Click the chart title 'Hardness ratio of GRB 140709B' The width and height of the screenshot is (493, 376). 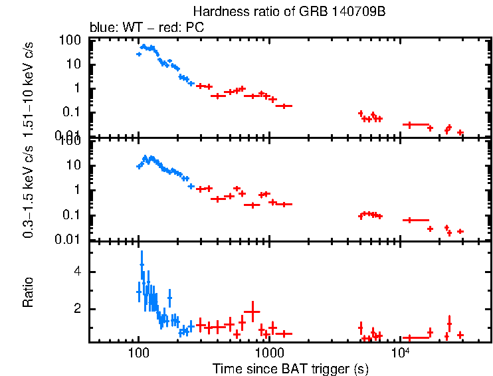(x=290, y=11)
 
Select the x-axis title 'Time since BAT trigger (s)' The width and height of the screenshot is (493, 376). (x=290, y=368)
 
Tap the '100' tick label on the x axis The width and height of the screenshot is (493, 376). (x=138, y=353)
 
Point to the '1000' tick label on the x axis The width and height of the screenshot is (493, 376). (x=269, y=353)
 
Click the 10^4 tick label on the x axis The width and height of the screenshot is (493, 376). (x=400, y=352)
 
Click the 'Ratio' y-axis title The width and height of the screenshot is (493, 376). (x=29, y=292)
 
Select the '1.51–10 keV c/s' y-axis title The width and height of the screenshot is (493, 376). (x=29, y=86)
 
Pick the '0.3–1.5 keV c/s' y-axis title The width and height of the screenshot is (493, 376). (x=29, y=193)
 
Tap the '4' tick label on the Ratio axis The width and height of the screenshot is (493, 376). (x=78, y=272)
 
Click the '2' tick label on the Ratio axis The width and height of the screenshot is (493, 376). (x=78, y=309)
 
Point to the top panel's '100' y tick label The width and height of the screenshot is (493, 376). (x=70, y=41)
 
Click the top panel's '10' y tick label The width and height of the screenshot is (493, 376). (x=74, y=64)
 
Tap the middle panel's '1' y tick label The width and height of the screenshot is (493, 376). (x=78, y=190)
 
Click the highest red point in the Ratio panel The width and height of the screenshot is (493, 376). (x=252, y=311)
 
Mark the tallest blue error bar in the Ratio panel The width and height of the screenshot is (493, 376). (x=141, y=272)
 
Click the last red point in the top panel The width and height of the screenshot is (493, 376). (x=460, y=133)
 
